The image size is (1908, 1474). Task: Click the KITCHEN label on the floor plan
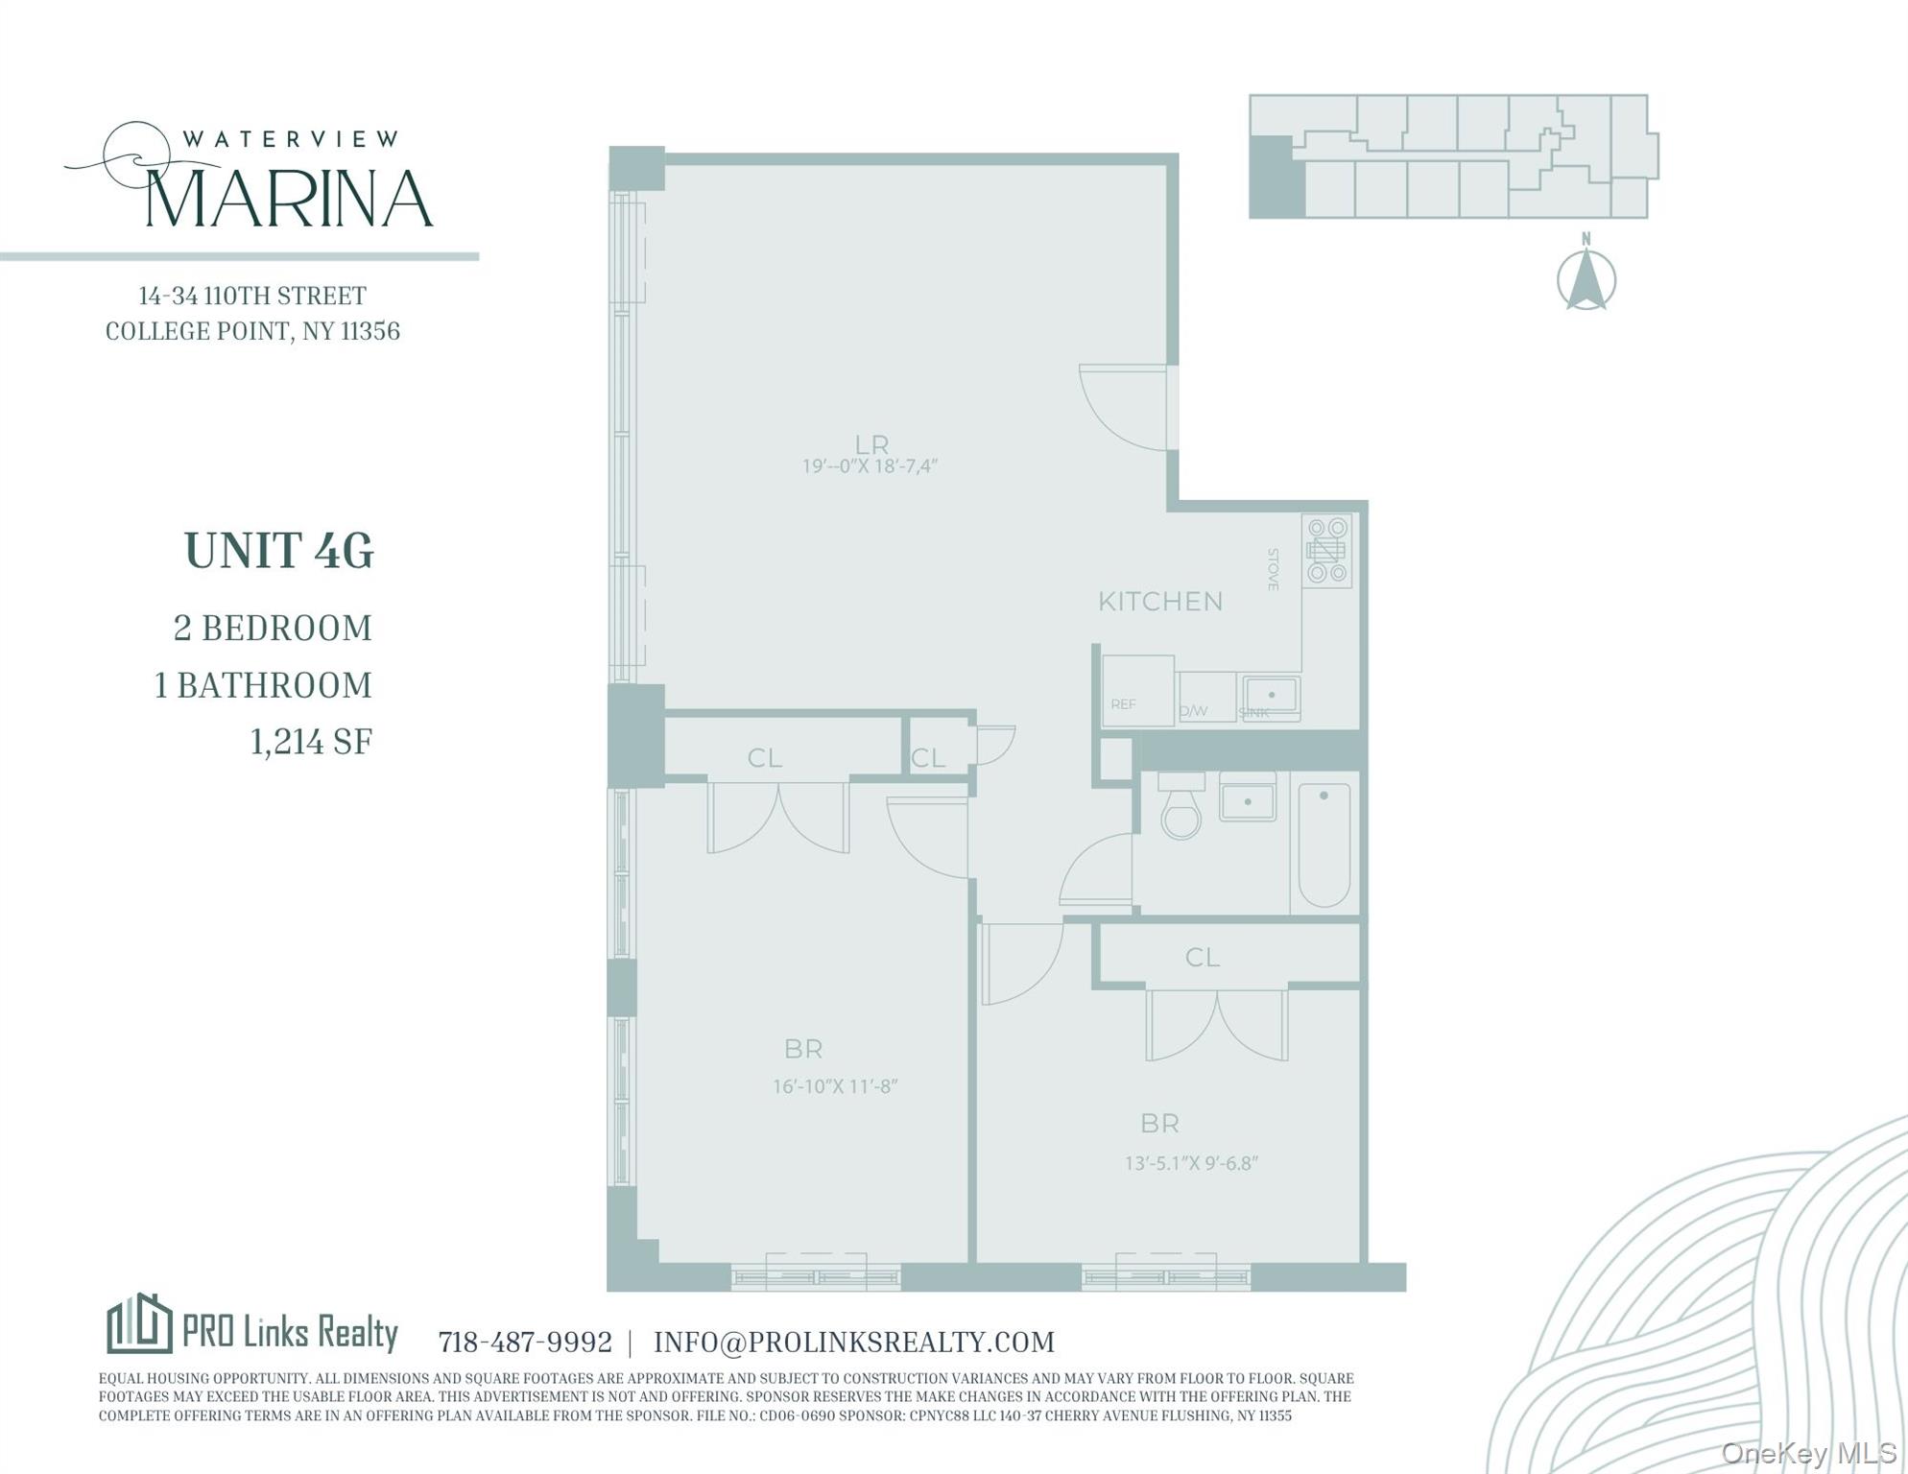1159,602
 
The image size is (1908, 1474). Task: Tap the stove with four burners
1326,551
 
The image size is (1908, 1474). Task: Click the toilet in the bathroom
1181,808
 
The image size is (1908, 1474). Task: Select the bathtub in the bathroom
1324,844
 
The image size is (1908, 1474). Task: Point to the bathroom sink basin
1247,799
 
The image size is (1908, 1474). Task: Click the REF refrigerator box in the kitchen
1136,689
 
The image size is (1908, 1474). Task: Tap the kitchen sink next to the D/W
1271,694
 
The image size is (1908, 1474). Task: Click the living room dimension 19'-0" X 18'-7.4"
870,466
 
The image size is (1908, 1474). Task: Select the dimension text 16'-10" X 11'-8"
835,1086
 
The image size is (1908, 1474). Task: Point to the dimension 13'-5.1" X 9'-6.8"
1191,1163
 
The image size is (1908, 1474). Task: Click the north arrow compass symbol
1586,279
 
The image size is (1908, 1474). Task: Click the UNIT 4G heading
278,551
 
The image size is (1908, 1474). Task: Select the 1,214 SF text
311,742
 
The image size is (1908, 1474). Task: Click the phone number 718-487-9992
525,1342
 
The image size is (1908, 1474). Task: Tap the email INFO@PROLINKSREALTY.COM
853,1342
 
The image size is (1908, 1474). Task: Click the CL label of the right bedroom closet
1202,957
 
